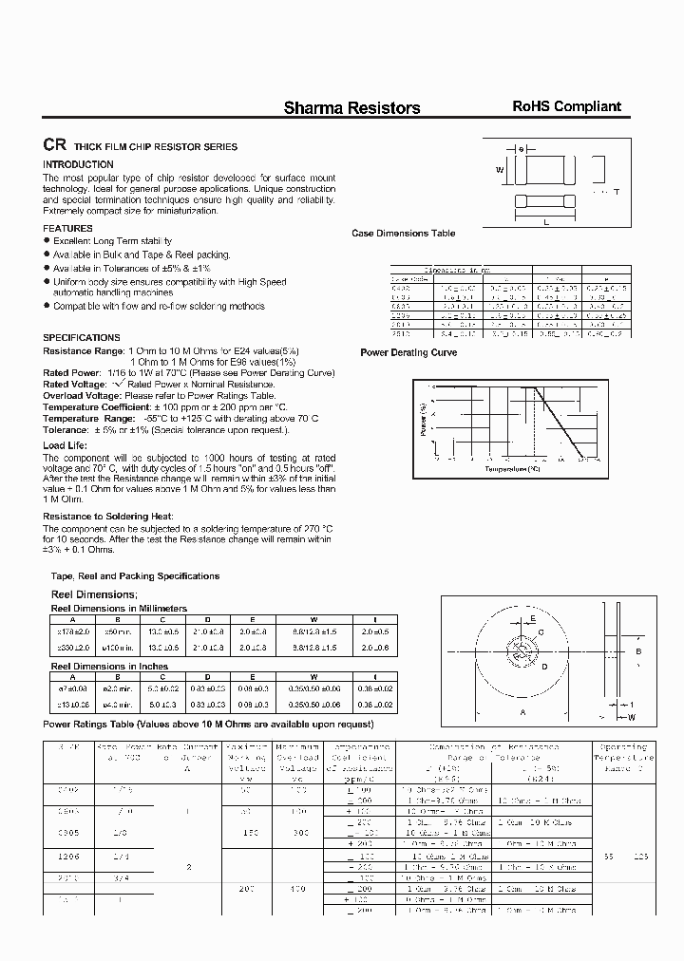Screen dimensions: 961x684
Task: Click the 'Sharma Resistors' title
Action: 351,108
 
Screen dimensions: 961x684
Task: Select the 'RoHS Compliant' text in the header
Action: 566,107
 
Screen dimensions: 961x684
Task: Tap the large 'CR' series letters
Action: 53,146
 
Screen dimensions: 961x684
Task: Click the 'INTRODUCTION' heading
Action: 78,164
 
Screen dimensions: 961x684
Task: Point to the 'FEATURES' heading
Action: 67,229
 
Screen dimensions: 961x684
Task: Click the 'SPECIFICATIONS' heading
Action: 82,338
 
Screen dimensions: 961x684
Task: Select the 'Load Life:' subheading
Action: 66,445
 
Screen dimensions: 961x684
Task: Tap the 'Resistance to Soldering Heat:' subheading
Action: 107,516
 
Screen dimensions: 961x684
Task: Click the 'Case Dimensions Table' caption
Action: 403,234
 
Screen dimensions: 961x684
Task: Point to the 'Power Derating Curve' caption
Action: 408,353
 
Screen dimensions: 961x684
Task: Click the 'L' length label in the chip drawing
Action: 546,221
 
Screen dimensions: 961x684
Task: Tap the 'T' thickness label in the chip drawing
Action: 616,193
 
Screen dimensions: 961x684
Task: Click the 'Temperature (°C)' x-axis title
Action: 512,468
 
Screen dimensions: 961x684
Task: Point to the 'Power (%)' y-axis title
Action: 423,419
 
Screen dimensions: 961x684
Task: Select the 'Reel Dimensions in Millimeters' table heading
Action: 118,608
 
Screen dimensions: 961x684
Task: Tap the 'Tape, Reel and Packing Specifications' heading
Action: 134,576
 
